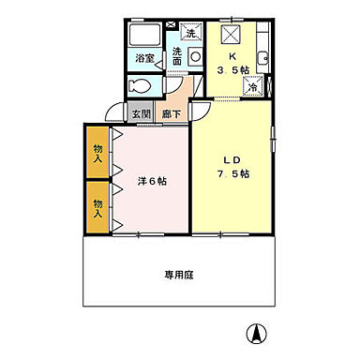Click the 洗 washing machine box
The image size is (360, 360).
(190, 34)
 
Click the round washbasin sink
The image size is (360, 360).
(195, 56)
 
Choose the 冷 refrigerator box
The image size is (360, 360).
(252, 87)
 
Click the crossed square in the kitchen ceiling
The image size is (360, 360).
(231, 34)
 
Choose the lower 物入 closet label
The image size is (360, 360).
(97, 206)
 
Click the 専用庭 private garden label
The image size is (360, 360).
(180, 275)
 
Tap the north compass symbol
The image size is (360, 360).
(255, 333)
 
